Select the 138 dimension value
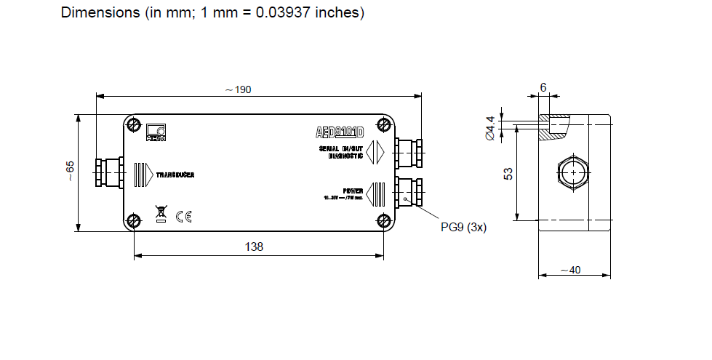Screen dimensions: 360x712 pyautogui.click(x=253, y=247)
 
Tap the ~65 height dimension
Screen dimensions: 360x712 pyautogui.click(x=69, y=172)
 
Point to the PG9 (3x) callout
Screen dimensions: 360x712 pyautogui.click(x=463, y=227)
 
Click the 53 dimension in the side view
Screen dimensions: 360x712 pyautogui.click(x=508, y=174)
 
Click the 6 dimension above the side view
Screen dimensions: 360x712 pyautogui.click(x=543, y=87)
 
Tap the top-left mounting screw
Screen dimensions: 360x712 pyautogui.click(x=134, y=124)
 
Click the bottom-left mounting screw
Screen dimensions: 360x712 pyautogui.click(x=134, y=221)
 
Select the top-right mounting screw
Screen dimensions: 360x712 pyautogui.click(x=383, y=124)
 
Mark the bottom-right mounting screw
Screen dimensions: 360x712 pyautogui.click(x=383, y=221)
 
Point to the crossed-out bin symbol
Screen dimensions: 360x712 pyautogui.click(x=161, y=215)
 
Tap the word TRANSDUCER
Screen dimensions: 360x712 pyautogui.click(x=175, y=175)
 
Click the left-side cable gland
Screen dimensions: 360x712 pyautogui.click(x=109, y=173)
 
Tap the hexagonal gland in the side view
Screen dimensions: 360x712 pyautogui.click(x=572, y=173)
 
